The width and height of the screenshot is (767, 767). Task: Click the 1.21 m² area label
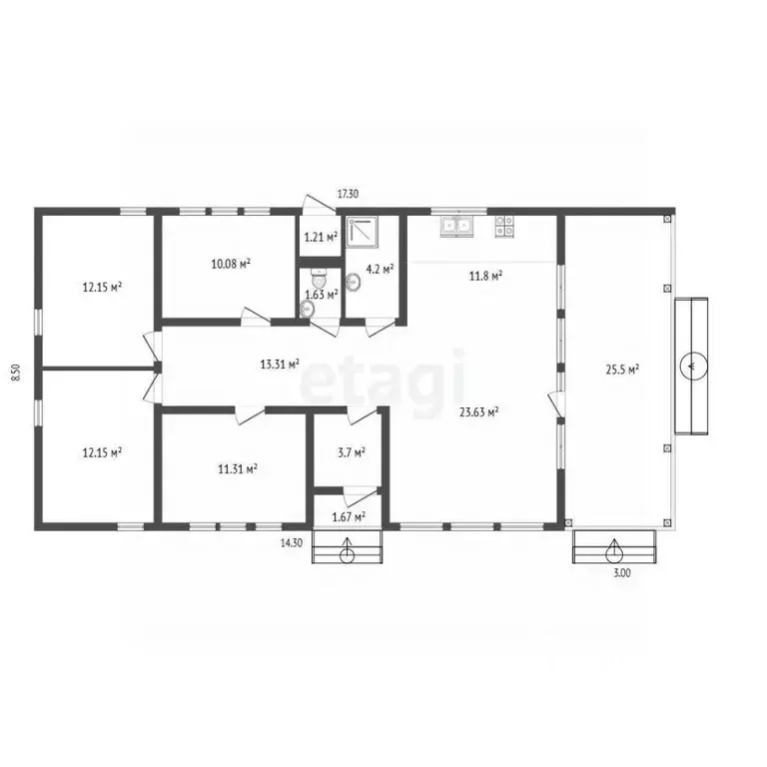(x=321, y=238)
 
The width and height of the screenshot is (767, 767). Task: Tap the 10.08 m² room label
(x=231, y=264)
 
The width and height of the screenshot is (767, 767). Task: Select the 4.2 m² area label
(x=381, y=269)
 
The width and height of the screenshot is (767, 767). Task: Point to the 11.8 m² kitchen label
(x=485, y=276)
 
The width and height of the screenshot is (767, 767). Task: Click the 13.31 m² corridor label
(x=280, y=364)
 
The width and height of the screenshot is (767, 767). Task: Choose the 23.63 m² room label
(x=479, y=411)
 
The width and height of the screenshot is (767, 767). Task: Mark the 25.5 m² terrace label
(x=623, y=370)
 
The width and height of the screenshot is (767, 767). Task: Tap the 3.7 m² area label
(x=352, y=453)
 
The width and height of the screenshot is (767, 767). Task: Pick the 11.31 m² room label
(x=238, y=469)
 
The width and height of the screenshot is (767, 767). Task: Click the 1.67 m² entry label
(x=349, y=516)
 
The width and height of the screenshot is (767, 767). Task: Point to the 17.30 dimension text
(x=348, y=194)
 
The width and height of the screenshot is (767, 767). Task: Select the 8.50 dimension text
(x=16, y=373)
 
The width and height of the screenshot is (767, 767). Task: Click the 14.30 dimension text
(x=291, y=543)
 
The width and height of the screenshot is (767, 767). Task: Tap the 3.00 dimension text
(x=622, y=573)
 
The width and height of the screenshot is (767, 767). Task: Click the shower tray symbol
(x=363, y=230)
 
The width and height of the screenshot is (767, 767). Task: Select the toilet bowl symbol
(x=319, y=280)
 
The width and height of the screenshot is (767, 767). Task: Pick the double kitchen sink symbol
(x=456, y=226)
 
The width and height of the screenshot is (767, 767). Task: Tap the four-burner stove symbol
(x=504, y=226)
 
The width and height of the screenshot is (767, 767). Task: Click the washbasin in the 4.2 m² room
(x=353, y=282)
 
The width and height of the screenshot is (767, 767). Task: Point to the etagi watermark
(x=383, y=383)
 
